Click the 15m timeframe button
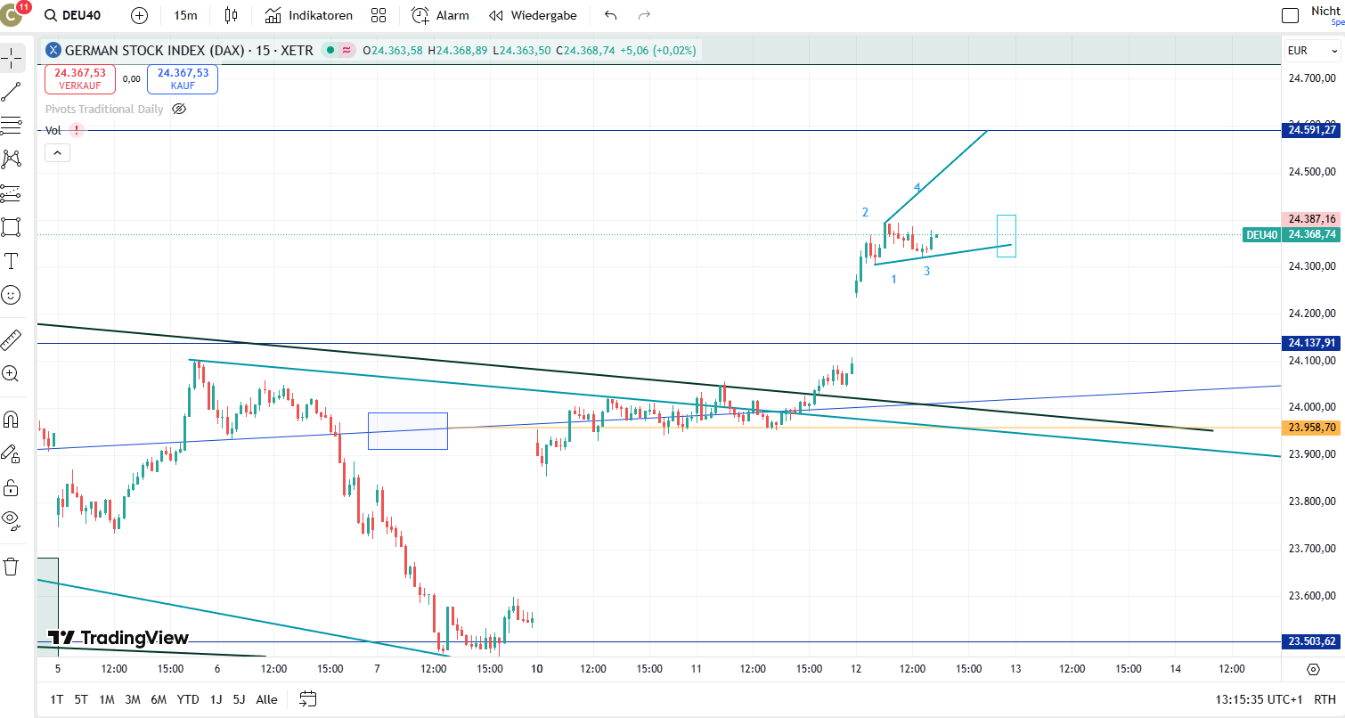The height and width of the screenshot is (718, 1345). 185,15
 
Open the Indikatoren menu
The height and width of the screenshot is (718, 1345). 309,15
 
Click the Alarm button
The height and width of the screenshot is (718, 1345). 440,15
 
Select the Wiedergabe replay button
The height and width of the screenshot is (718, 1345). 533,15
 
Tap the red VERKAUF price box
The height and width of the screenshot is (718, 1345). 79,79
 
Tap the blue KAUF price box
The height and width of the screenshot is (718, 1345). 183,79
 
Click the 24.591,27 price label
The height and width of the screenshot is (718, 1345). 1311,130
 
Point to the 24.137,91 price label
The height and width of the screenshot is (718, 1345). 1311,343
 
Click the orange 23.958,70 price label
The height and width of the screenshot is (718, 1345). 1311,428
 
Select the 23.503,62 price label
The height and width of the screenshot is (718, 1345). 1311,641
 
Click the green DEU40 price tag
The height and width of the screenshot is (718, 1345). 1261,235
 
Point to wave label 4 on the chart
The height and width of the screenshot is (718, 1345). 917,188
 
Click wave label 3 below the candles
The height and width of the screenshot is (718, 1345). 926,271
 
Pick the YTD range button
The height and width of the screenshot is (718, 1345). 188,699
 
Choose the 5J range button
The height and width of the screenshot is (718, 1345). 239,699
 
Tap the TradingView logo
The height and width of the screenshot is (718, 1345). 118,638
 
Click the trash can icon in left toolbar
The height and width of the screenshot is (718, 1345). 12,567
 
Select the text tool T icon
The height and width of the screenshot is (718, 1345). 12,261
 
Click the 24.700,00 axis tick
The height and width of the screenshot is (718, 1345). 1311,78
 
